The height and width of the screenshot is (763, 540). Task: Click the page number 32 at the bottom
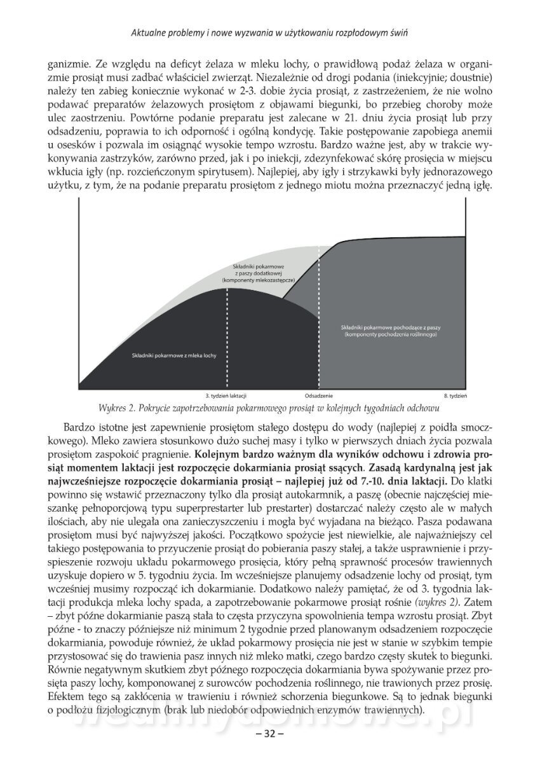(269, 734)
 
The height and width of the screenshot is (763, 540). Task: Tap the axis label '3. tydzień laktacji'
(226, 396)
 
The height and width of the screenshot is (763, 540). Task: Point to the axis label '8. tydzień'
(455, 396)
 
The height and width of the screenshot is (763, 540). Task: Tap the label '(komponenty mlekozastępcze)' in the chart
(259, 279)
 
